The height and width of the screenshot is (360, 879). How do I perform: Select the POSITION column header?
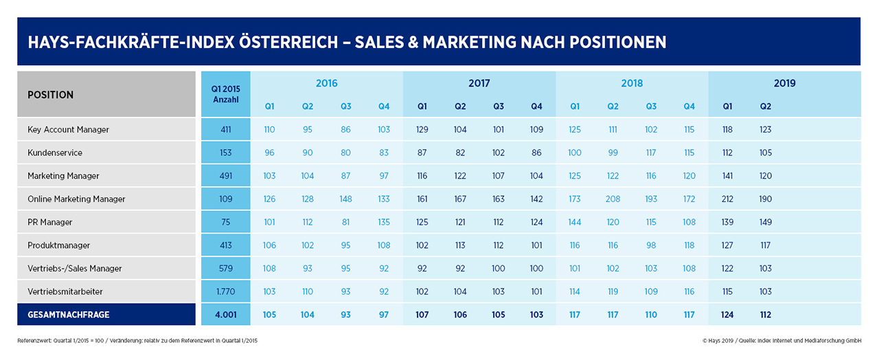(50, 95)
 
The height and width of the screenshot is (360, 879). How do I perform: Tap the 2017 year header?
(479, 83)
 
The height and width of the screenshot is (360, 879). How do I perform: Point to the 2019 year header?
(784, 83)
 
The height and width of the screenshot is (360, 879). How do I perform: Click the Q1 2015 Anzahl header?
(226, 94)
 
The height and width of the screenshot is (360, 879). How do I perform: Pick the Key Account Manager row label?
(68, 129)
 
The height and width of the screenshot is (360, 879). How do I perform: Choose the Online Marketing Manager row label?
(76, 199)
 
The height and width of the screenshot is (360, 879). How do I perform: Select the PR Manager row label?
(50, 223)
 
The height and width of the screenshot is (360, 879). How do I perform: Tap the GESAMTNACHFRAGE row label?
(68, 315)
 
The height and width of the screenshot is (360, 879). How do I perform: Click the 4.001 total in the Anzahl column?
(226, 315)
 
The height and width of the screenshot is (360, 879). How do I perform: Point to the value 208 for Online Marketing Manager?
(613, 199)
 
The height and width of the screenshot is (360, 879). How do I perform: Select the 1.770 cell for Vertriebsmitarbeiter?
(226, 292)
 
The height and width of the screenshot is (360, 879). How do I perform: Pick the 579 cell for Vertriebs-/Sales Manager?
(226, 269)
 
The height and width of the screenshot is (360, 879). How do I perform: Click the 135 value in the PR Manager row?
(384, 223)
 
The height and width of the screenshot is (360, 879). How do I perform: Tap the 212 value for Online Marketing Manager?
(727, 199)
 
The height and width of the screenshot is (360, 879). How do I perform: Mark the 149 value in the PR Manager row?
(765, 223)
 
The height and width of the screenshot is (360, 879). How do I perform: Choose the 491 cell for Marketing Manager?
(226, 176)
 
